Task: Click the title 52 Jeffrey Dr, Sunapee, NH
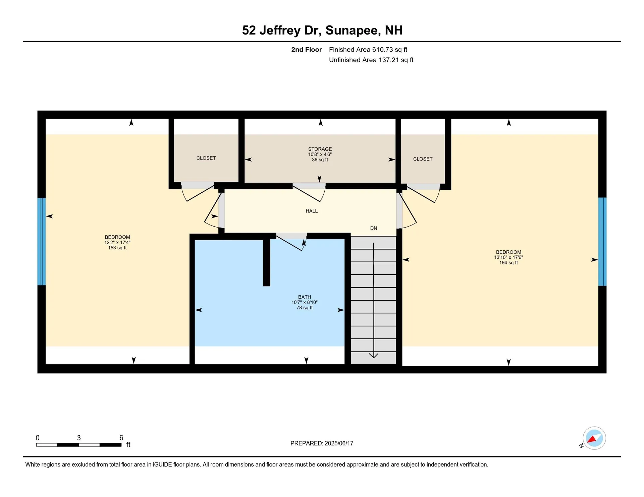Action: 322,30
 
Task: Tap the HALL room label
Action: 311,211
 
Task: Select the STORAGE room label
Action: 320,149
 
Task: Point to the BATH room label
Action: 304,297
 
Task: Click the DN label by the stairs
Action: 373,228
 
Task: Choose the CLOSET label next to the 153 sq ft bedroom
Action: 206,158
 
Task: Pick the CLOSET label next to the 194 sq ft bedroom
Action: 423,159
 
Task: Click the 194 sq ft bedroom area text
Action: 508,263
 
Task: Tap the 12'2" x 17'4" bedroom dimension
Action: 117,242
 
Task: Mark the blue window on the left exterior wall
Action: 41,241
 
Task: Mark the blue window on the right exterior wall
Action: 602,241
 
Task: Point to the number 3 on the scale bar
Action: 79,438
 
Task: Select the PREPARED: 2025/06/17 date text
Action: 322,443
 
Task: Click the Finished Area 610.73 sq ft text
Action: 368,50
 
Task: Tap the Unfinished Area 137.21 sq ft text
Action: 371,60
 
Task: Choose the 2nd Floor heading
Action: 306,50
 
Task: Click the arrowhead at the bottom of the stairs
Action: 373,355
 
